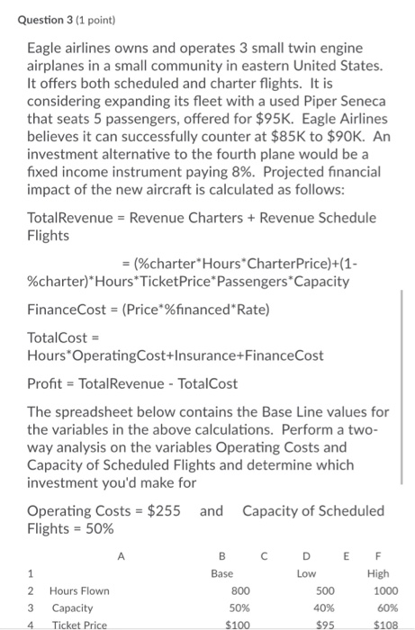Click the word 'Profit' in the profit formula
[x=46, y=382]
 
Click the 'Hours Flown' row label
[x=79, y=590]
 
